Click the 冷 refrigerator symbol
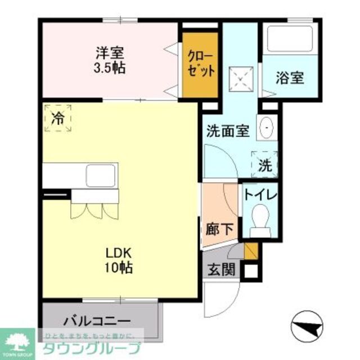pos(58,118)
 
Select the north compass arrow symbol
pos(307,325)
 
